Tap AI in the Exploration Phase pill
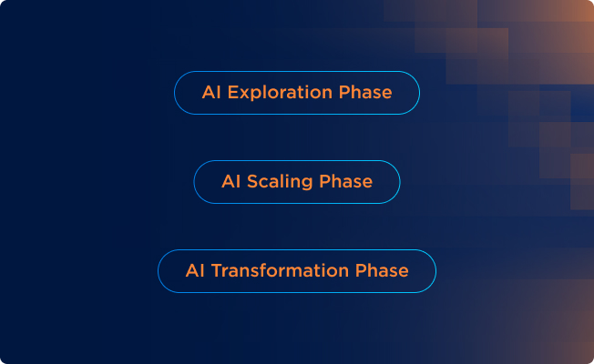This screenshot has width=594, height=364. tap(210, 93)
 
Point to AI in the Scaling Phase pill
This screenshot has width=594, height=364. tap(230, 182)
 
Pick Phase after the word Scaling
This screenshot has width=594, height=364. tap(346, 182)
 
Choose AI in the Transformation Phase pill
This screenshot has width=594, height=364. tap(194, 271)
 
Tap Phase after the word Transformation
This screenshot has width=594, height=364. tap(382, 271)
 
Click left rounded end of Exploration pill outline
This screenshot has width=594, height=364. tap(176, 93)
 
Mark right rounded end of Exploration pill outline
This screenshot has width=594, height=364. tap(418, 93)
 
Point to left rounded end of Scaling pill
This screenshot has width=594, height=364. tap(195, 182)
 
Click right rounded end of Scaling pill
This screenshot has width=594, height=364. tap(399, 182)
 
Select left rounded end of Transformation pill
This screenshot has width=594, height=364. tap(159, 271)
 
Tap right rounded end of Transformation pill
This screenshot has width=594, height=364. tap(435, 271)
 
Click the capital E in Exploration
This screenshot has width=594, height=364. tap(230, 93)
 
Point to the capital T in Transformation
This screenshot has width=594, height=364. tap(216, 271)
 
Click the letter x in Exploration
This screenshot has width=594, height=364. tap(242, 94)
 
